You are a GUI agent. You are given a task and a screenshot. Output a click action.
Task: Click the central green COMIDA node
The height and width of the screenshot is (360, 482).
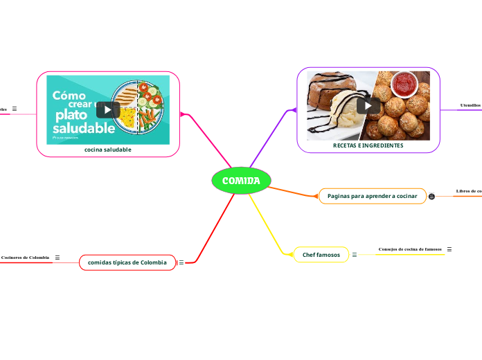(241, 181)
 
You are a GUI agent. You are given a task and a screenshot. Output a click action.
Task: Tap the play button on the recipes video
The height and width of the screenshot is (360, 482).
(368, 105)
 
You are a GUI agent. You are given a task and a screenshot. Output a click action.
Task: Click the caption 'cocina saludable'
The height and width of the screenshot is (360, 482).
(107, 150)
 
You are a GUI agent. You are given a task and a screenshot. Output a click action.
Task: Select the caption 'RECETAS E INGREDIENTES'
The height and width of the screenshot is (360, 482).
(368, 145)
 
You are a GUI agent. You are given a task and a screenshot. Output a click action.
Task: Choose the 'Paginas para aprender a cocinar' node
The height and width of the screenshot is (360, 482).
(373, 196)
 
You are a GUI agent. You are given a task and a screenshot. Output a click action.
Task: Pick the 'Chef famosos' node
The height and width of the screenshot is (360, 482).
(321, 255)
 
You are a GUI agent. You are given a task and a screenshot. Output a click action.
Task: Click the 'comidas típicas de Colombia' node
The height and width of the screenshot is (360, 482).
(127, 262)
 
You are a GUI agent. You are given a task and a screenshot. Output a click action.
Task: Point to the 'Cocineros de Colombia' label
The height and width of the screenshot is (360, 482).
(25, 258)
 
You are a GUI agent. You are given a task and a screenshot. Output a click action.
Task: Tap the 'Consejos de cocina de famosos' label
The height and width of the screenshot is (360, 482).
(410, 249)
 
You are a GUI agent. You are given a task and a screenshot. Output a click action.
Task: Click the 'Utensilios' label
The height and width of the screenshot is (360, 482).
(471, 105)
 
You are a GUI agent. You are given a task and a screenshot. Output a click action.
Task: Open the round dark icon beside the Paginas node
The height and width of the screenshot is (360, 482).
(432, 197)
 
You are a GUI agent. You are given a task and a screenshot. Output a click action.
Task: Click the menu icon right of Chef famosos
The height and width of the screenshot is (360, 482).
(355, 255)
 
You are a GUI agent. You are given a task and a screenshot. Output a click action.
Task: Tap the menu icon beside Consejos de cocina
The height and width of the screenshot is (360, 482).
(449, 249)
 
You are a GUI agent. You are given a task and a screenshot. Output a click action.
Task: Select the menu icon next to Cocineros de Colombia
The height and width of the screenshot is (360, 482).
(57, 258)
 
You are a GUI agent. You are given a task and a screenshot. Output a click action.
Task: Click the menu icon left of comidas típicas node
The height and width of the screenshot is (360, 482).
(181, 262)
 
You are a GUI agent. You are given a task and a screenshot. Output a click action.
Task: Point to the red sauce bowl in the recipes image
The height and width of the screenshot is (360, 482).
(404, 84)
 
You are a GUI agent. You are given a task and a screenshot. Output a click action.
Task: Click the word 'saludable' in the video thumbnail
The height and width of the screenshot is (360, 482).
(84, 128)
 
